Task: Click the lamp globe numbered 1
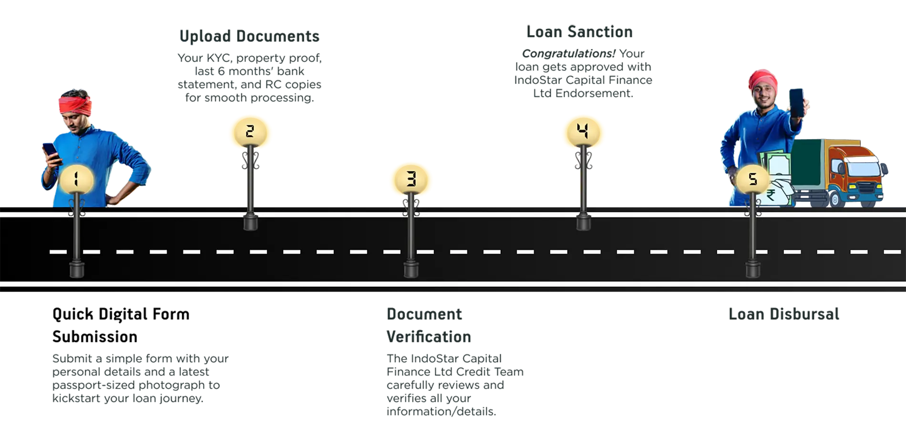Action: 76,179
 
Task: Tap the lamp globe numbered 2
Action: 250,132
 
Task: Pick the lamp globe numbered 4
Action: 583,131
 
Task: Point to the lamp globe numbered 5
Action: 752,179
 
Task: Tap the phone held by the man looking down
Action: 50,152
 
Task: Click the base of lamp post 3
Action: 411,269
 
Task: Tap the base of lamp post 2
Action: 250,222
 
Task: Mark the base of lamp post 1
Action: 76,270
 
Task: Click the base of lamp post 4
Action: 583,222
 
